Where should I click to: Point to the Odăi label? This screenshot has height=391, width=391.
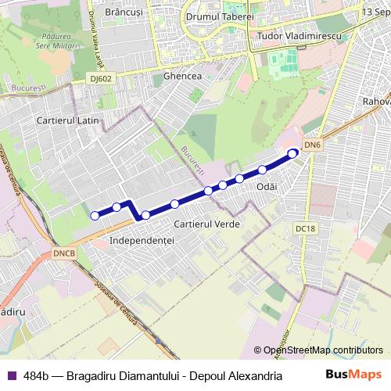click(x=267, y=187)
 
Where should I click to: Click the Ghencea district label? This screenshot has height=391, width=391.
click(x=183, y=77)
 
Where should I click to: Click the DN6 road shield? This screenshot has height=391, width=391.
click(x=313, y=145)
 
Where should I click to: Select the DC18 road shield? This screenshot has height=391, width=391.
click(x=306, y=228)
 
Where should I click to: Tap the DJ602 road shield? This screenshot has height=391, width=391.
click(x=100, y=78)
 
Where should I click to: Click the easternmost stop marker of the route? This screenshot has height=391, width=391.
click(x=293, y=153)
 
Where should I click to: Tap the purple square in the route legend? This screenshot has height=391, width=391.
click(x=12, y=375)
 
